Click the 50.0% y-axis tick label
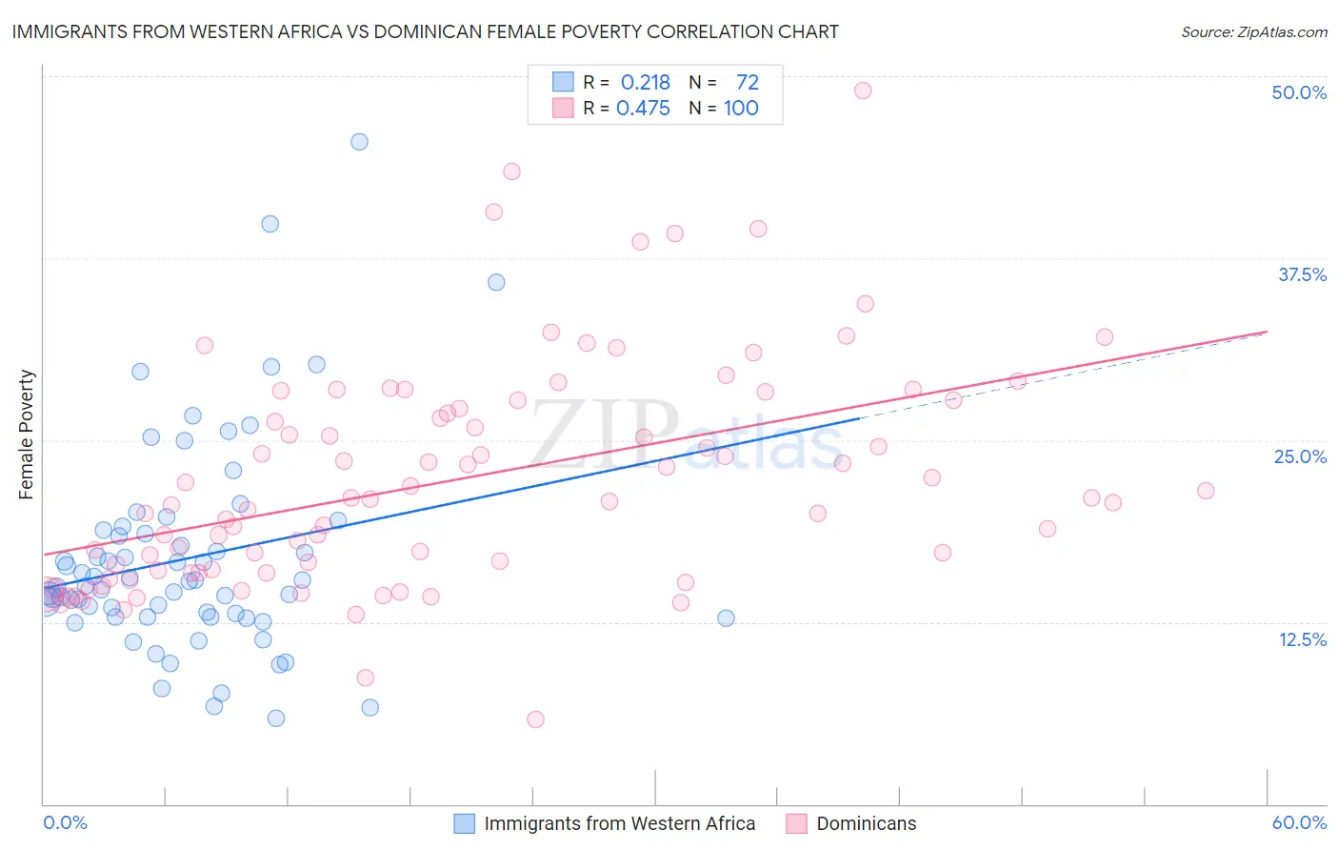coord(1298,92)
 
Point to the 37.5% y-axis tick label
coord(1301,274)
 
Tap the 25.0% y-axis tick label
coord(1300,456)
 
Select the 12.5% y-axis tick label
coord(1302,639)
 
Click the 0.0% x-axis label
coord(65,822)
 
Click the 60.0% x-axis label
coord(1298,822)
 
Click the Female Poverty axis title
coord(27,435)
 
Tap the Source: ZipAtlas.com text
coord(1253,31)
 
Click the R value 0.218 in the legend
coord(645,82)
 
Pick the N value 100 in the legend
coord(740,108)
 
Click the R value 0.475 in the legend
coord(643,108)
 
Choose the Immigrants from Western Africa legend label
coord(619,823)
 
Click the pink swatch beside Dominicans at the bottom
coord(796,823)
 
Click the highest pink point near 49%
coord(863,91)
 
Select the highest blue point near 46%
coord(359,142)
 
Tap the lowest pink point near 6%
coord(535,719)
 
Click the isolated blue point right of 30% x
coord(726,617)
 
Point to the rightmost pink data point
coord(1206,491)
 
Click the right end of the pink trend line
coord(1267,332)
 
